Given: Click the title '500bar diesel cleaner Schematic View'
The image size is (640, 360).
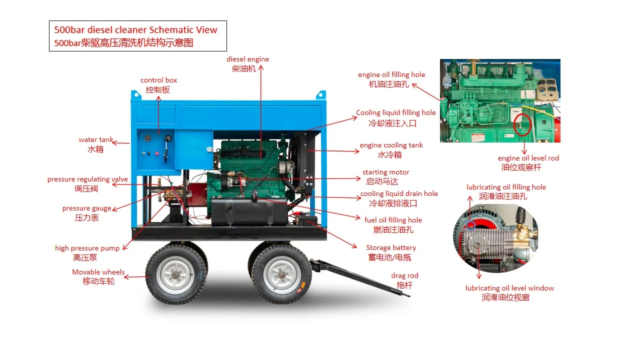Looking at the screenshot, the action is [136, 30].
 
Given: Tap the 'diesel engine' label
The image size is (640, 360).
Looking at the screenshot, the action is [247, 59].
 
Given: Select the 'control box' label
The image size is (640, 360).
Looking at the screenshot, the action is [158, 80].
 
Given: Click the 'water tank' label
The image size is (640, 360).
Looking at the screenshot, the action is [95, 140].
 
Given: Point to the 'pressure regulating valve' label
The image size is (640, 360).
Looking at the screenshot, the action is [87, 179].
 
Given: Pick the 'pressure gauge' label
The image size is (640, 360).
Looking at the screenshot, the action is [86, 208].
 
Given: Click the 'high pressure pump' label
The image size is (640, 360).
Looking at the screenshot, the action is [87, 248].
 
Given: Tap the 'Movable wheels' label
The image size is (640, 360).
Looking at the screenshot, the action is [98, 272].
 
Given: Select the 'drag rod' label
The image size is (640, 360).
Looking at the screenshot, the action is [404, 276].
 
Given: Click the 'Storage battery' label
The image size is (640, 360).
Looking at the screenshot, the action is [390, 248].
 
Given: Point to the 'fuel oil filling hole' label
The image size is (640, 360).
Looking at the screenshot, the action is [393, 220].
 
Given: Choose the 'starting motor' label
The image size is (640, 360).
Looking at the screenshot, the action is [385, 172].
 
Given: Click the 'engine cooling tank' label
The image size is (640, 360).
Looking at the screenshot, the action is [391, 145].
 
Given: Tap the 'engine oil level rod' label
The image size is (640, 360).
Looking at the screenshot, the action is [528, 158].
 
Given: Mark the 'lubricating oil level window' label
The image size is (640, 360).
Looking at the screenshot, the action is [509, 288].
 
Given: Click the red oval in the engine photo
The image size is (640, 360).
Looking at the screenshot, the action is [522, 124].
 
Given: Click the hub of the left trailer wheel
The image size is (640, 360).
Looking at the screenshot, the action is [175, 275].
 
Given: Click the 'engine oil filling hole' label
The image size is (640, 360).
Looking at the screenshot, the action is [391, 75].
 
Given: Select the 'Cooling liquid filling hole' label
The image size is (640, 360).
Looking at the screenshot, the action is [395, 113].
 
